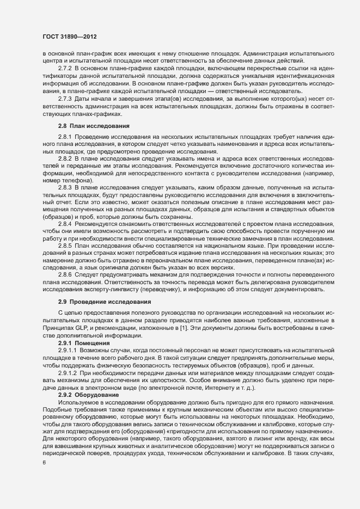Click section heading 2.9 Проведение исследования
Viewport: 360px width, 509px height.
97,302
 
